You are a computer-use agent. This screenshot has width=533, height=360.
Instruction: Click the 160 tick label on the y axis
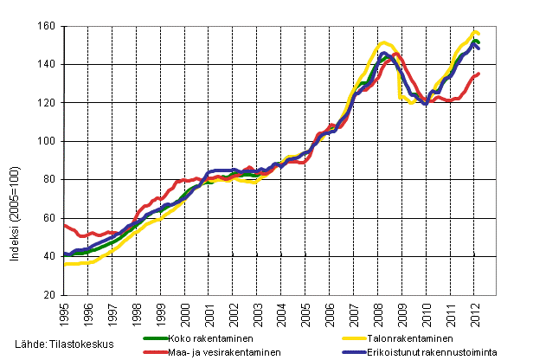(x=48, y=26)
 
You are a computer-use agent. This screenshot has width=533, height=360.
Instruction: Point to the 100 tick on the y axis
(x=48, y=141)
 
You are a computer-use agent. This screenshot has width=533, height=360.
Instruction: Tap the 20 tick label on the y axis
(x=50, y=295)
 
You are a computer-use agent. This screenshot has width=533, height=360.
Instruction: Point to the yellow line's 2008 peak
(x=385, y=42)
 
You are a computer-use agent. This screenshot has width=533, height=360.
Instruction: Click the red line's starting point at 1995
(x=65, y=225)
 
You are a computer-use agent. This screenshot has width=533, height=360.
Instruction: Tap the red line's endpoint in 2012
(x=479, y=74)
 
